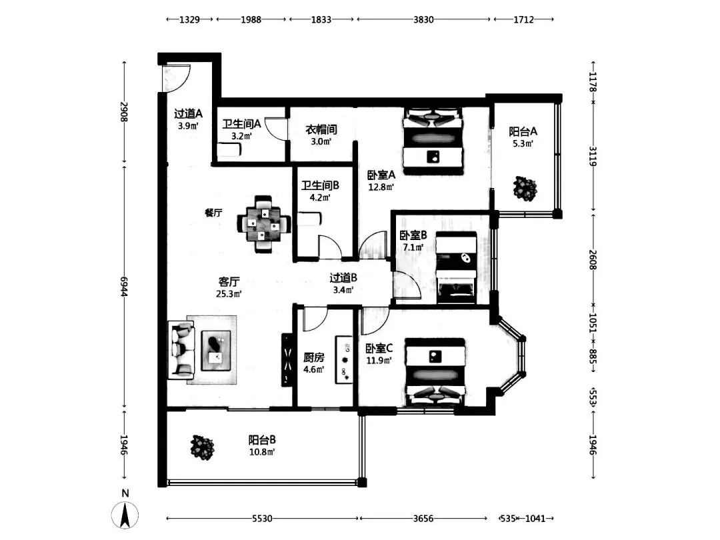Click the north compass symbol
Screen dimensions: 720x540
(125, 515)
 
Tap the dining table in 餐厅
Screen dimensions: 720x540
(263, 224)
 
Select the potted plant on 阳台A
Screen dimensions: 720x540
(525, 188)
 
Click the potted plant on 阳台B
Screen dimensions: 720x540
(203, 447)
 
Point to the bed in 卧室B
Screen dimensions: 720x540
(456, 268)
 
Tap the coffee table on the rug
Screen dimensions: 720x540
(216, 351)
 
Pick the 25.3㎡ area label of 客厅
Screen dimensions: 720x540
(229, 294)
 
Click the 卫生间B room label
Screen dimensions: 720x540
(320, 185)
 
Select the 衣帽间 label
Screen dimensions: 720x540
(321, 129)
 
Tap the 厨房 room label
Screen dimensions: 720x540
(313, 357)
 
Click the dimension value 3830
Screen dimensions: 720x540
(423, 19)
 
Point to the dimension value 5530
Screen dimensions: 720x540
(262, 519)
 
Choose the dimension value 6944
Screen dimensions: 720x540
(124, 287)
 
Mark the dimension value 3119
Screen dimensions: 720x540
(593, 157)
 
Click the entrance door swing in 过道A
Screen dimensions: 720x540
(176, 78)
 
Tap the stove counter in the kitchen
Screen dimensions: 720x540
(344, 360)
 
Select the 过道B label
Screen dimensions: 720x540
(343, 278)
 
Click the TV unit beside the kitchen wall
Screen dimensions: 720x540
(287, 360)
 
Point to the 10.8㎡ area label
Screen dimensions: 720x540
(262, 452)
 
